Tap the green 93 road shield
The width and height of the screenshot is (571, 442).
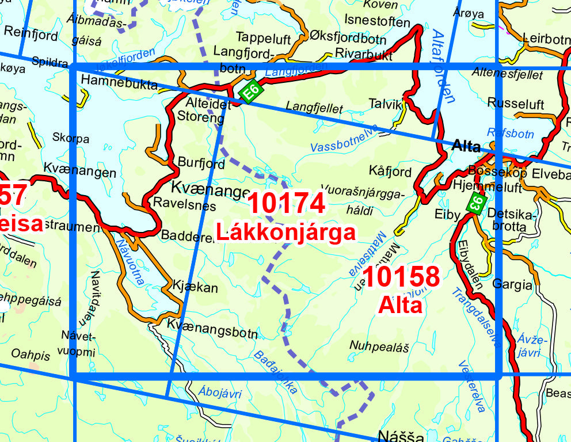(x=477, y=203)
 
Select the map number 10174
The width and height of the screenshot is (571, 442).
(x=286, y=204)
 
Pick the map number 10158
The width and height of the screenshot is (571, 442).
(x=401, y=277)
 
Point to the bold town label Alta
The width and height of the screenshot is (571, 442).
(x=466, y=146)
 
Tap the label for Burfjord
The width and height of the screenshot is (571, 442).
(x=201, y=163)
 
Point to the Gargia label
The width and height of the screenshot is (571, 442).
(x=512, y=284)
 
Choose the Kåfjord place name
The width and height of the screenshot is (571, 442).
(x=390, y=172)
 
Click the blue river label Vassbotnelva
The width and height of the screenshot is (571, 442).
(x=344, y=139)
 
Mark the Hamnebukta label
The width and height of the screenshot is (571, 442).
(x=119, y=85)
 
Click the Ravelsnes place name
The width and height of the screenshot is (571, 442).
(x=184, y=205)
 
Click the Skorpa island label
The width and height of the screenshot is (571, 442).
(x=70, y=139)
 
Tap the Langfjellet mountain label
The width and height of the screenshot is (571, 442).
(x=314, y=108)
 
